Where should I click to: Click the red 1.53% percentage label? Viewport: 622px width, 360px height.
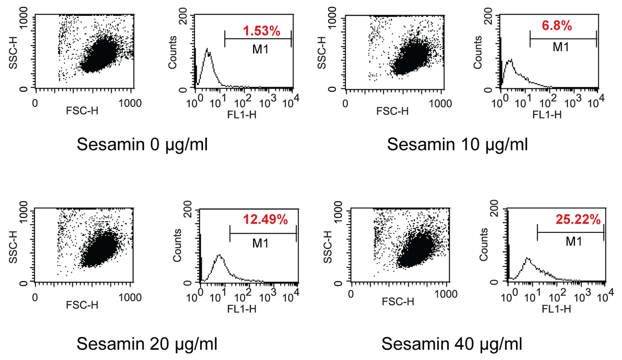[x=261, y=31]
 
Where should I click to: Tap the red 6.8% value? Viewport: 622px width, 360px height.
[x=557, y=26]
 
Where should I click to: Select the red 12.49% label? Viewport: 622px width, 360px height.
[x=265, y=219]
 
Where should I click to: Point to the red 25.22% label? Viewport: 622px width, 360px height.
[x=578, y=219]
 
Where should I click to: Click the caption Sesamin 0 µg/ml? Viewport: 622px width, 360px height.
[x=142, y=144]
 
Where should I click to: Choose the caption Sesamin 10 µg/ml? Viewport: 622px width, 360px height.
[x=457, y=144]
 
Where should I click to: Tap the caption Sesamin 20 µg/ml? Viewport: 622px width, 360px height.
[x=147, y=343]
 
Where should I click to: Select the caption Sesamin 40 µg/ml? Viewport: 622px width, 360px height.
[x=452, y=343]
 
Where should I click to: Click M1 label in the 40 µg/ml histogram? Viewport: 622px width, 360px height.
[x=573, y=241]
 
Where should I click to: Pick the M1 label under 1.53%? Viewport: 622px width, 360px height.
[x=260, y=49]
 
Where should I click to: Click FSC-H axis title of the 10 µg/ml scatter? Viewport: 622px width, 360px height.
[x=392, y=111]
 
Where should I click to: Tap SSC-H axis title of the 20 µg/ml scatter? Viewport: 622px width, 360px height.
[x=13, y=247]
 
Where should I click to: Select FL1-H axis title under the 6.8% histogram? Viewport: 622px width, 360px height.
[x=547, y=115]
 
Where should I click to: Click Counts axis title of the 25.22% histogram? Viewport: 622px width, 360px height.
[x=483, y=244]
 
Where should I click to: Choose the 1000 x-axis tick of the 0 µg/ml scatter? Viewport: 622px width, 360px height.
[x=130, y=103]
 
